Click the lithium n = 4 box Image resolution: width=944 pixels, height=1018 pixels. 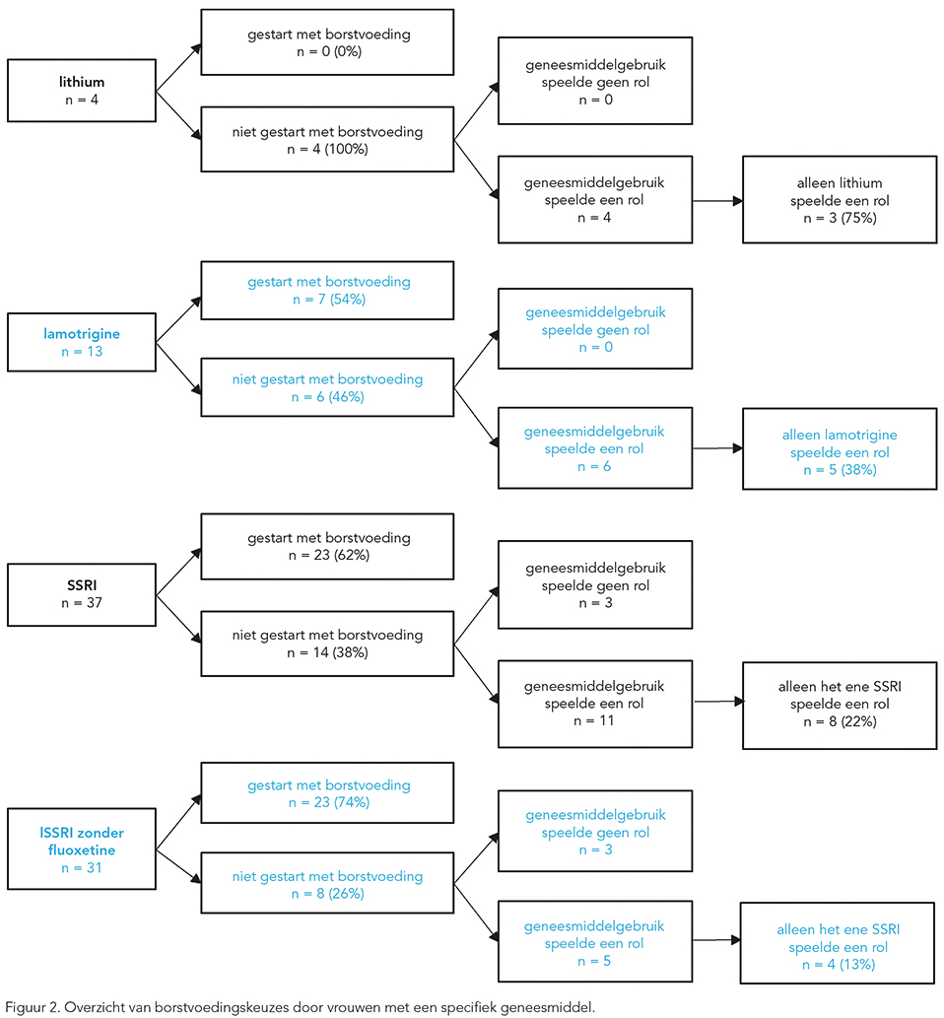82,91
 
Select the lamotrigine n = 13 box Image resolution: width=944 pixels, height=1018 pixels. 82,342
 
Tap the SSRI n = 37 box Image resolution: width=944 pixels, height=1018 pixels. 82,594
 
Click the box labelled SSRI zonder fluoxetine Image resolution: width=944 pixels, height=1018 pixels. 82,848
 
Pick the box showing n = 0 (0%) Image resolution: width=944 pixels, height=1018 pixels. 327,42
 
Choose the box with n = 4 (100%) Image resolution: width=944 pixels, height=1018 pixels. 327,140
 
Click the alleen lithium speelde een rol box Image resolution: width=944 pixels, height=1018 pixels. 840,199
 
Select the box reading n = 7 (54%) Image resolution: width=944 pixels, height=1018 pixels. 327,290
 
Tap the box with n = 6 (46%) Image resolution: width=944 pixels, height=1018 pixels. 327,387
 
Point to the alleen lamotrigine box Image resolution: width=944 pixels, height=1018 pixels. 840,448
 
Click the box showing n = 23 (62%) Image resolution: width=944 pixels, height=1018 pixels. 327,546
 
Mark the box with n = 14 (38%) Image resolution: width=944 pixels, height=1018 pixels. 327,644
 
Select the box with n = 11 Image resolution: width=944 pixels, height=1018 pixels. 595,704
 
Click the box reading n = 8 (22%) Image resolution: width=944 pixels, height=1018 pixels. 840,706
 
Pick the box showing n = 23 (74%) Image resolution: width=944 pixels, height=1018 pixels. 327,792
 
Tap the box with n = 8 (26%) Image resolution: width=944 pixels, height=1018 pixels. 327,883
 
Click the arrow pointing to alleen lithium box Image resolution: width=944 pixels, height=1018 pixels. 717,201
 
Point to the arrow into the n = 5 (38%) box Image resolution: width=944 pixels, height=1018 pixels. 717,448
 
